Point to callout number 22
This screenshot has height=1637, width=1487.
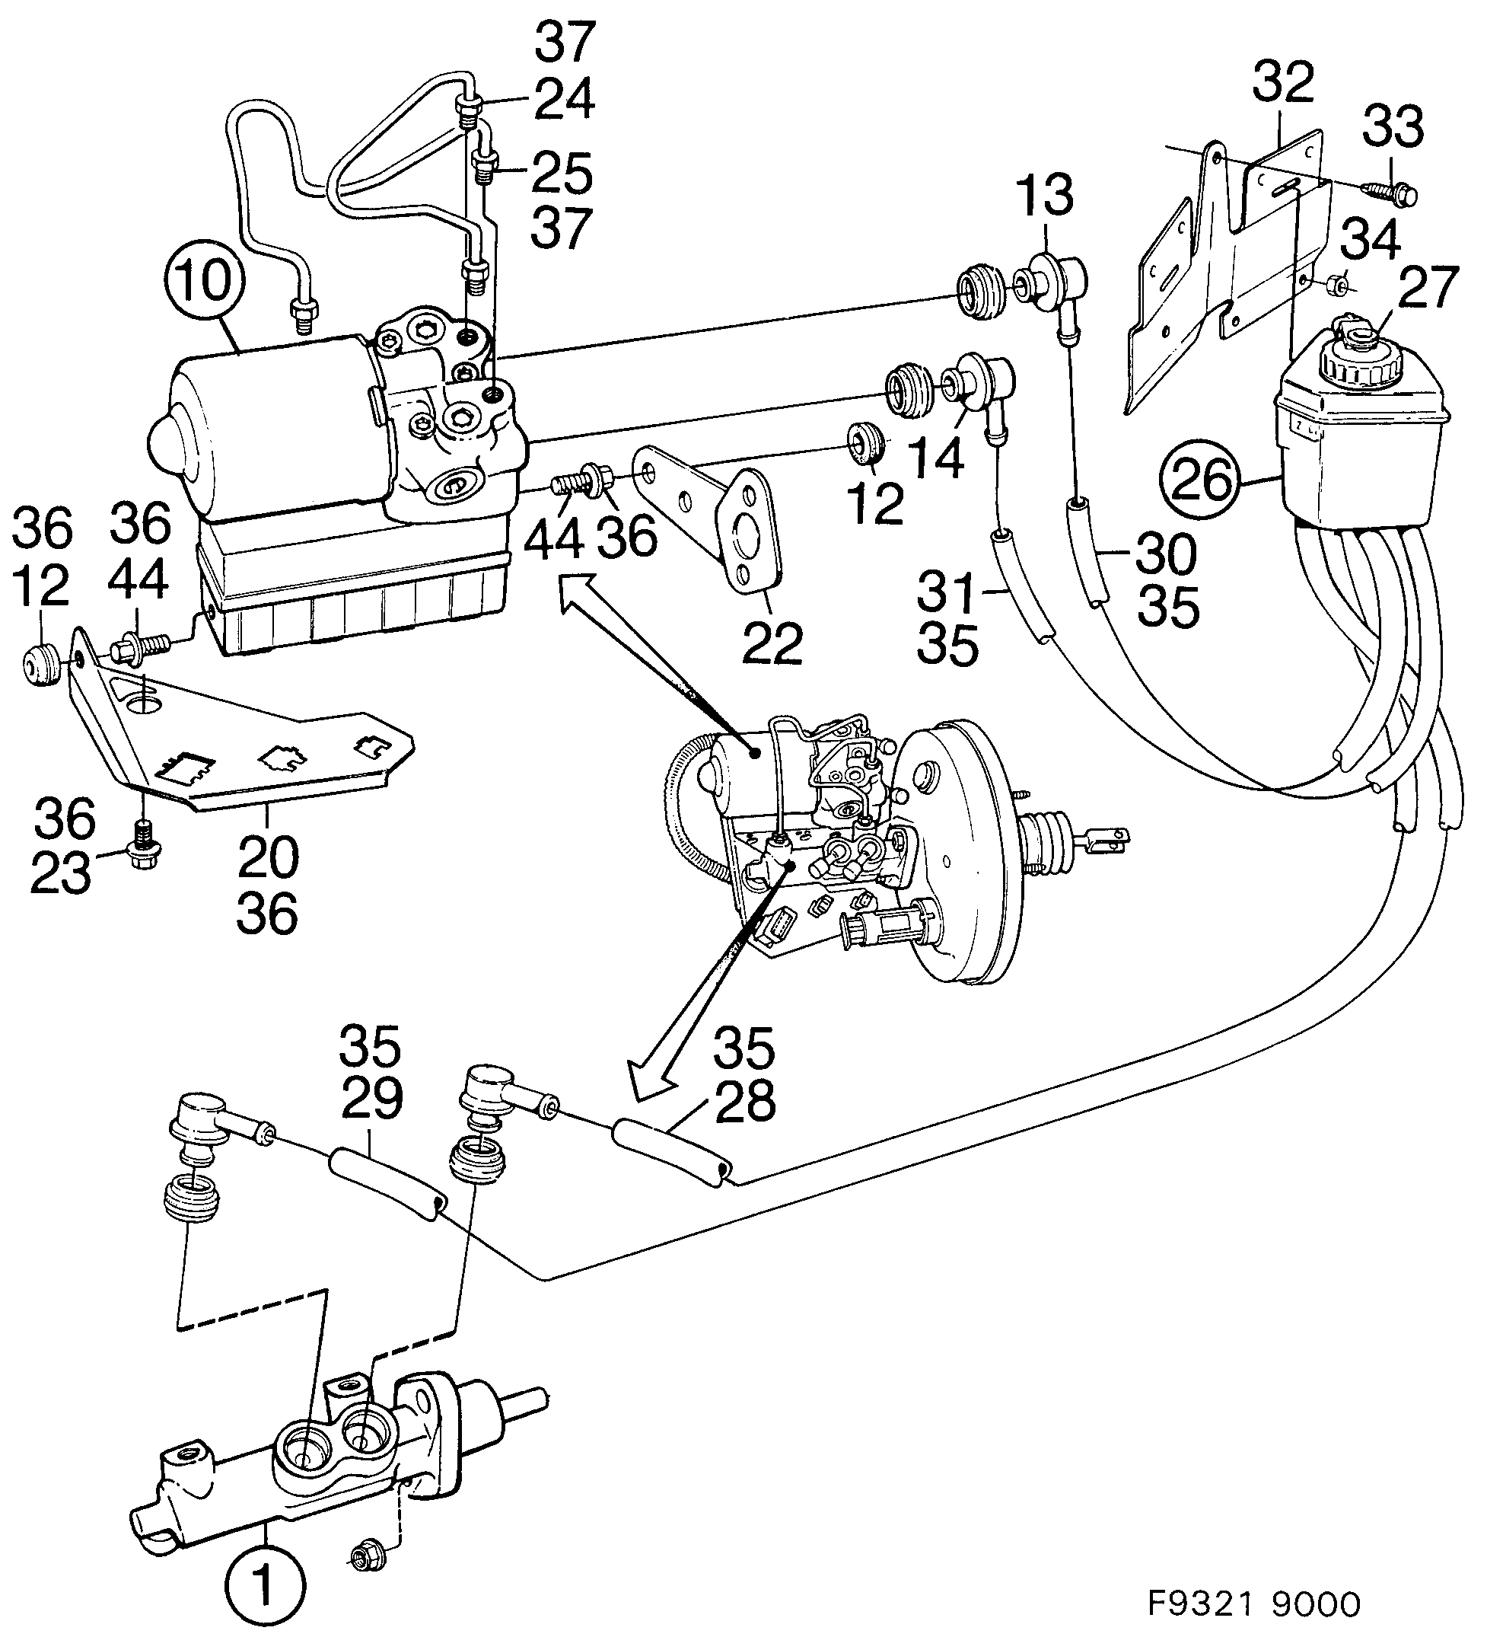[x=772, y=643]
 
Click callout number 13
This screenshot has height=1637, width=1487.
[x=1045, y=196]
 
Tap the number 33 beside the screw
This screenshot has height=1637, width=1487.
[x=1393, y=126]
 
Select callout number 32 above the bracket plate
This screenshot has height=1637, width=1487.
[x=1283, y=82]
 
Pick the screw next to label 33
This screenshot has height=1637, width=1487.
[x=1387, y=193]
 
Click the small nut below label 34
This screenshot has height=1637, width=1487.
[x=1340, y=285]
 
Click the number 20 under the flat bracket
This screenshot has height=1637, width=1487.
[x=268, y=856]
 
